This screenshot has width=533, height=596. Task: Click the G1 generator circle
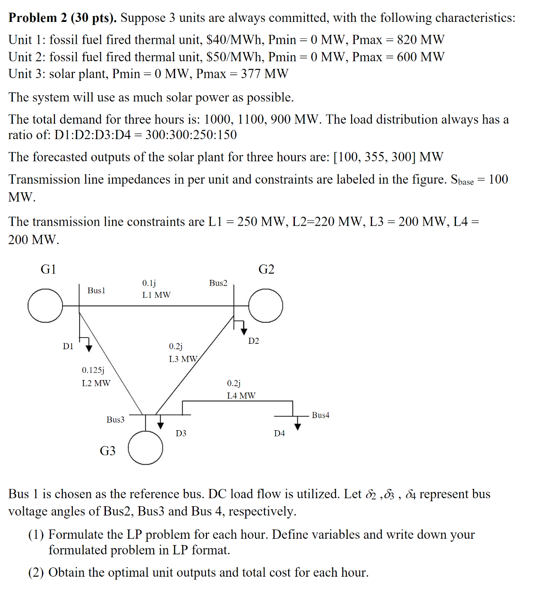coord(45,306)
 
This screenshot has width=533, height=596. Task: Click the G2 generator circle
coord(265,306)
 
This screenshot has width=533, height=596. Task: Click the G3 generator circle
coord(146,448)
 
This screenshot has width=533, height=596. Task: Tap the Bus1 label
coord(96,291)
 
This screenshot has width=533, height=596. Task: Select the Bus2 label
coord(218,283)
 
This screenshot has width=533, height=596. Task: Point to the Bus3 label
coord(115,419)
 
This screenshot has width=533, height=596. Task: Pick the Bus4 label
coord(320,415)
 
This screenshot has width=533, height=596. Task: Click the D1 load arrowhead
coord(89,348)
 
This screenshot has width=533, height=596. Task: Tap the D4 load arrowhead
coord(298,427)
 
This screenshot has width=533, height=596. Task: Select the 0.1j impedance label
coord(149,283)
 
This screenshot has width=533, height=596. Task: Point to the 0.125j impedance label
coord(93,370)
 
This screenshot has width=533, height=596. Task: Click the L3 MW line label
coord(183,359)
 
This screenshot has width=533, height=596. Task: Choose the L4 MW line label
coord(241,396)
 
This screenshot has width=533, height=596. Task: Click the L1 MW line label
coord(156,295)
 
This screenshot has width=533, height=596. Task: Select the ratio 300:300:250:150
coord(191,135)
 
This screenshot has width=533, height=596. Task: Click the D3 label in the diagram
coord(180,433)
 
